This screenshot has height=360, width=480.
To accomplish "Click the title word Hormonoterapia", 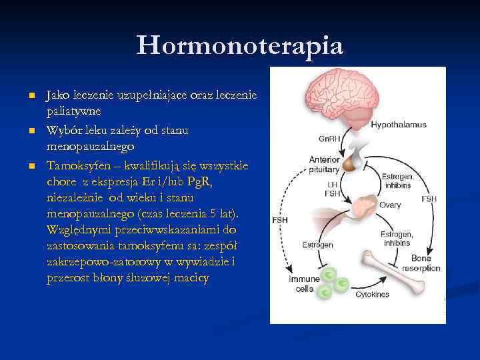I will click(240, 45).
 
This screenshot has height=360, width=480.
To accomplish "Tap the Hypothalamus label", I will click(399, 125).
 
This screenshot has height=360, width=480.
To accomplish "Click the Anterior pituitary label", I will click(324, 165).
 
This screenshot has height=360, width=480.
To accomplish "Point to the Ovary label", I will click(390, 205).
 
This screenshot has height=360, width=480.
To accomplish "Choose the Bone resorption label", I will click(421, 263).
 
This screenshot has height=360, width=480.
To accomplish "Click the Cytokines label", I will click(373, 294).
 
